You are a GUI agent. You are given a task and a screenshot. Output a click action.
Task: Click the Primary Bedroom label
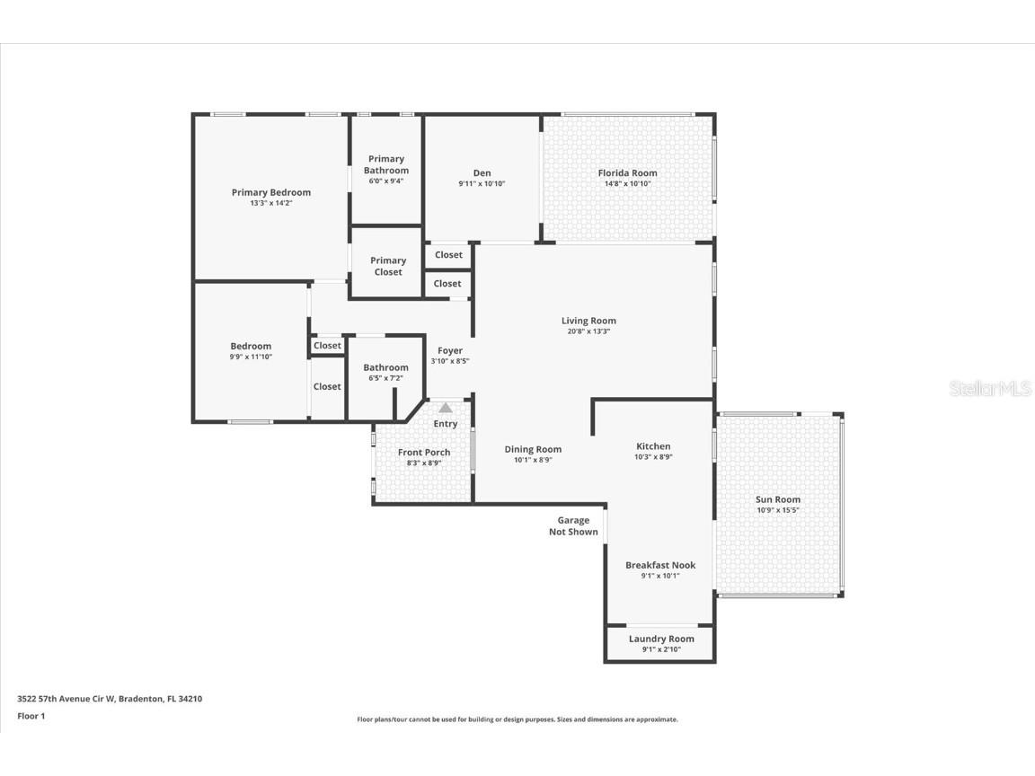click(270, 192)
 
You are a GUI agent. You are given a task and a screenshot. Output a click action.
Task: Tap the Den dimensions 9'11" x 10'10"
click(482, 184)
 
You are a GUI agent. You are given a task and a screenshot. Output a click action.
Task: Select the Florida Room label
click(627, 173)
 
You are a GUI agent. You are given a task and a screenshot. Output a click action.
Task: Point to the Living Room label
click(588, 321)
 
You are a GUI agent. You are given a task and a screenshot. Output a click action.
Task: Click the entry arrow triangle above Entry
click(446, 408)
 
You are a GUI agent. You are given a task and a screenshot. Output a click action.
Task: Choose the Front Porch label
click(424, 453)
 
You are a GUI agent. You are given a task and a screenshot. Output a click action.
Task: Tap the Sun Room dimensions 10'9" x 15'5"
click(778, 511)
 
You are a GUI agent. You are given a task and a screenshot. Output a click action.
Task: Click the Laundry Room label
click(661, 639)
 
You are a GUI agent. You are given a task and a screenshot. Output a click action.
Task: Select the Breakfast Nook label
click(660, 565)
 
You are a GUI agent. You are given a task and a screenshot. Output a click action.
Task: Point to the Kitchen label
click(653, 446)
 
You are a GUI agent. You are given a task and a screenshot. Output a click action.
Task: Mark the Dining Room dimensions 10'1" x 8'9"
click(533, 460)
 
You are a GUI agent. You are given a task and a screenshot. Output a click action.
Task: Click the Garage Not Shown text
click(573, 525)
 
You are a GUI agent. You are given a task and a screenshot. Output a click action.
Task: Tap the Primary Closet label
click(388, 266)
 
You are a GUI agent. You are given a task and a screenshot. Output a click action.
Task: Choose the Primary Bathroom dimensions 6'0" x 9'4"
click(386, 181)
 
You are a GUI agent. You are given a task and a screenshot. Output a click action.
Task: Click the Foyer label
click(450, 350)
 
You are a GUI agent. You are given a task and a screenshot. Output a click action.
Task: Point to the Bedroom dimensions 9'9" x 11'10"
click(251, 357)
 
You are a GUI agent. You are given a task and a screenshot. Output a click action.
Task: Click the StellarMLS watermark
click(989, 389)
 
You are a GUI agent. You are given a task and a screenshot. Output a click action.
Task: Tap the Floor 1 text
click(31, 716)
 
